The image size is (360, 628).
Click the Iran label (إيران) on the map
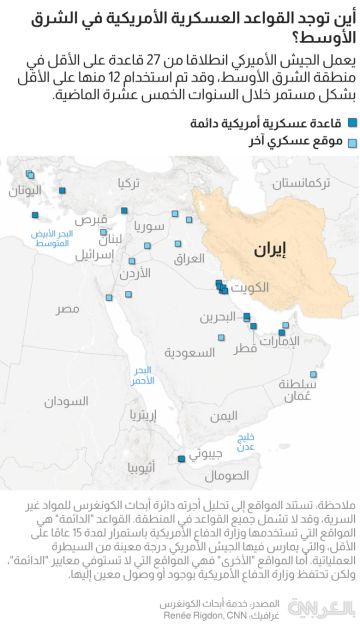(268, 247)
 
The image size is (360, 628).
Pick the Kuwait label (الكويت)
(246, 288)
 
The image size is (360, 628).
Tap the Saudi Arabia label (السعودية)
(189, 353)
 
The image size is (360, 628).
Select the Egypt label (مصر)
(66, 309)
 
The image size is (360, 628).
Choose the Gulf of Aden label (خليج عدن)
(246, 441)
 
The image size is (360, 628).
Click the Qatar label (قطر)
(243, 349)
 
